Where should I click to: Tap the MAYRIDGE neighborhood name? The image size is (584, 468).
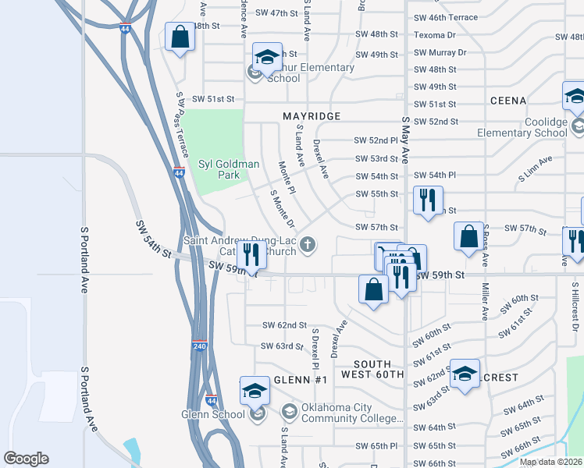[312, 116]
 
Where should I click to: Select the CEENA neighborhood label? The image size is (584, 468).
[507, 101]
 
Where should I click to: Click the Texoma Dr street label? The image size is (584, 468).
[435, 35]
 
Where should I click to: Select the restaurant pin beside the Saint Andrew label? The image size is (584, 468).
[251, 253]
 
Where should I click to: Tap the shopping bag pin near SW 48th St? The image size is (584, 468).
[180, 37]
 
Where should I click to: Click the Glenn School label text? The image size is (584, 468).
[213, 414]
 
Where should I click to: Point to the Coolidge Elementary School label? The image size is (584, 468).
[522, 127]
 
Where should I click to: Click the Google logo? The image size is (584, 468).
[26, 459]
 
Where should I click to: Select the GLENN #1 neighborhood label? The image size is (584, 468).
[304, 379]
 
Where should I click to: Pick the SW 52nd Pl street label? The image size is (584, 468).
[376, 140]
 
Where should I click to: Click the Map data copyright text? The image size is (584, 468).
[550, 462]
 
